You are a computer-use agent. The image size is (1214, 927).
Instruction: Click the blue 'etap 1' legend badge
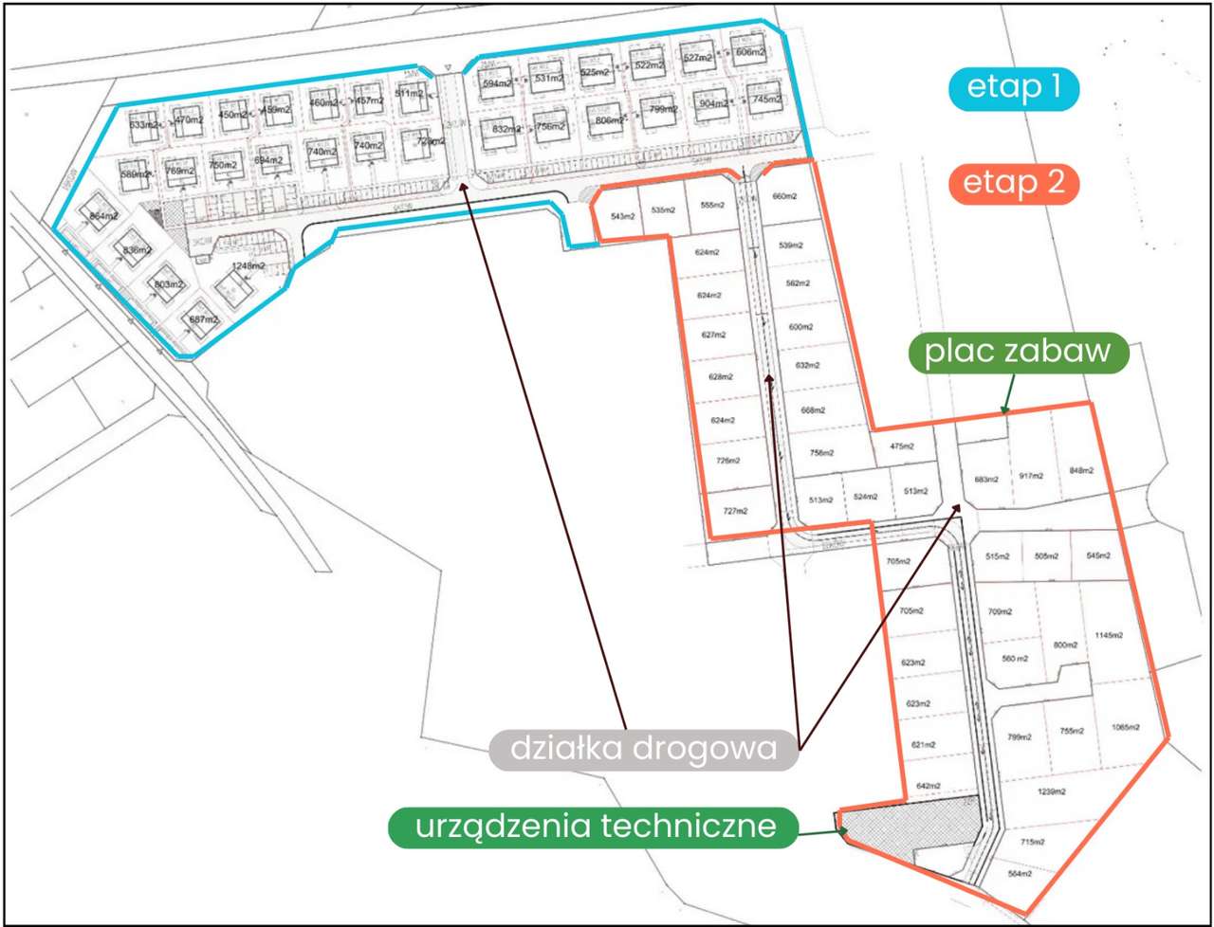pyautogui.click(x=1014, y=88)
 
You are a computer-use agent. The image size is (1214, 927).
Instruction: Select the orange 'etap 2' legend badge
pyautogui.click(x=1014, y=183)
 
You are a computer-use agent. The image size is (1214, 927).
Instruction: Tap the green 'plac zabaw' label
pyautogui.click(x=1018, y=352)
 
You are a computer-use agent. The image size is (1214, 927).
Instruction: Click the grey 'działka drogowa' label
pyautogui.click(x=644, y=749)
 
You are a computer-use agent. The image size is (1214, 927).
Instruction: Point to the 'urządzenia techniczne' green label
pyautogui.click(x=594, y=827)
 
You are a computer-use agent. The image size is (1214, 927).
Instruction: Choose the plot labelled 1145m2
pyautogui.click(x=1108, y=635)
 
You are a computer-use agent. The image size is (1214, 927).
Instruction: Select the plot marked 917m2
pyautogui.click(x=1031, y=475)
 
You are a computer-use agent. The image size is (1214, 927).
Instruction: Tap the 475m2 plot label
pyautogui.click(x=901, y=446)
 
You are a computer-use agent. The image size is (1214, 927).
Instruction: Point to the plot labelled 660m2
pyautogui.click(x=784, y=196)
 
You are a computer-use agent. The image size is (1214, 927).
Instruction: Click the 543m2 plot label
pyautogui.click(x=623, y=216)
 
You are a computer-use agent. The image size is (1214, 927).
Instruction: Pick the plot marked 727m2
pyautogui.click(x=735, y=511)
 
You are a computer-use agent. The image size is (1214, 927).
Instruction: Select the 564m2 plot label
pyautogui.click(x=1019, y=874)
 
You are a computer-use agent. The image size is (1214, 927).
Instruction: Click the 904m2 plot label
pyautogui.click(x=713, y=103)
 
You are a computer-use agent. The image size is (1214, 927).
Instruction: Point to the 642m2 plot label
pyautogui.click(x=928, y=786)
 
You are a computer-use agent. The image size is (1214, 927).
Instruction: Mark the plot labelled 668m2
pyautogui.click(x=813, y=410)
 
